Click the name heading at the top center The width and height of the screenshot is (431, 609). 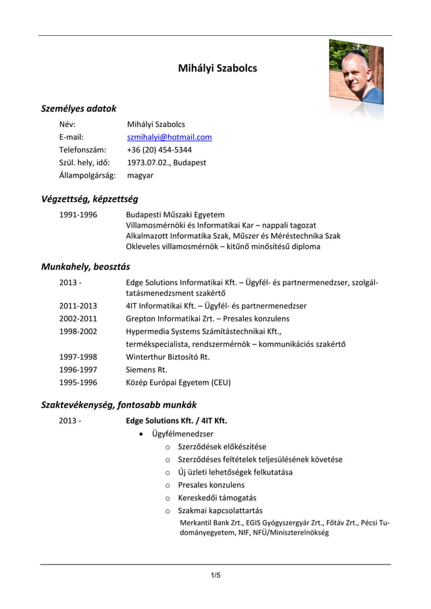pos(217,68)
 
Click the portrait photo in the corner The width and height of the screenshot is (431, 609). pos(355,76)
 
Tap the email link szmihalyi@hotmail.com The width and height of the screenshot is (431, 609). pos(169,137)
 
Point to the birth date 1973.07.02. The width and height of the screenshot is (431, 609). pos(148,163)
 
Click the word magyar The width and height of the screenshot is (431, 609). pos(140,176)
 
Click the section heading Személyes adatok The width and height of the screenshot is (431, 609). pos(78,108)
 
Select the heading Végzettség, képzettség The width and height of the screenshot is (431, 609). pos(89,199)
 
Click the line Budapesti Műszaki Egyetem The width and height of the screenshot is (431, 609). pos(175,215)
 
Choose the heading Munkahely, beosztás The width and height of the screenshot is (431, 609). pos(85,266)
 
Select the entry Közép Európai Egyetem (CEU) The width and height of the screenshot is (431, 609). pos(178,383)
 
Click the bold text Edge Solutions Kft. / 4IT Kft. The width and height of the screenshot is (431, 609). pos(176,421)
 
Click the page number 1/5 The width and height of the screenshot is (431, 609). pos(215,575)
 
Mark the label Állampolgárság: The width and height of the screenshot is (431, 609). pos(87,176)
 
